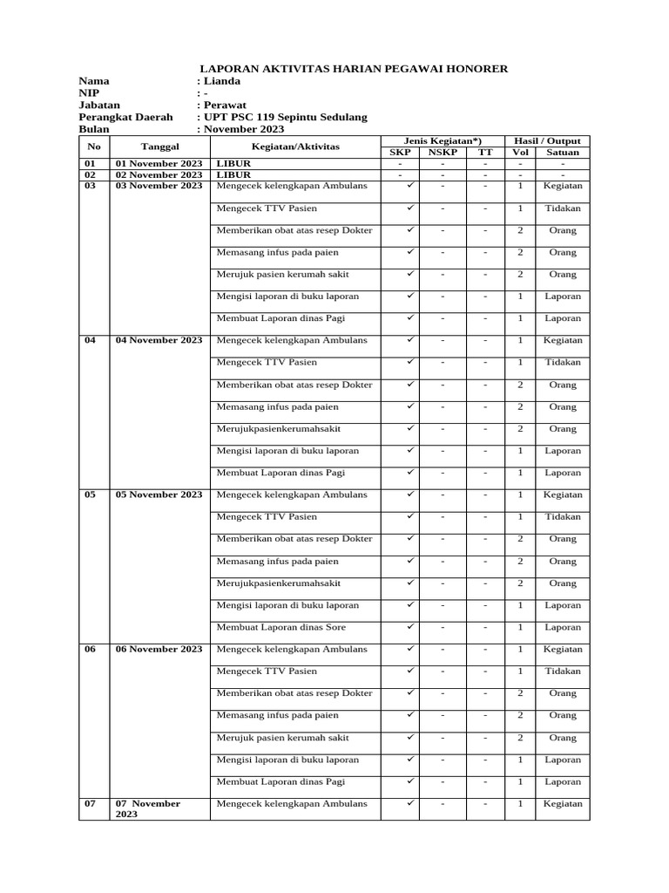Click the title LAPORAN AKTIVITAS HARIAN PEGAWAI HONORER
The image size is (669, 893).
[x=354, y=68]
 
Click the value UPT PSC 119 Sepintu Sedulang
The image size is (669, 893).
[x=285, y=117]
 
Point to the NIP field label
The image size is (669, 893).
[x=90, y=92]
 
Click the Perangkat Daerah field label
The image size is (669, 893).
[x=125, y=117]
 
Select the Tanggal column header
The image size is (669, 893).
[x=159, y=147]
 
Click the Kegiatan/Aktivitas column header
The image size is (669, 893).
[x=295, y=147]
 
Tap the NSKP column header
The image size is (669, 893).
[x=443, y=153]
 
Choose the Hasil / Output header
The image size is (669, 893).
[x=548, y=140]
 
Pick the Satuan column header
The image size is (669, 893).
[x=562, y=153]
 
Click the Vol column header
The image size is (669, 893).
[x=519, y=153]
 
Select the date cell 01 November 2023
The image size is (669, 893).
[x=159, y=164]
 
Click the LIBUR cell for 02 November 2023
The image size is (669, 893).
[x=233, y=174]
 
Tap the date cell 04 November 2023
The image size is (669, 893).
[x=159, y=340]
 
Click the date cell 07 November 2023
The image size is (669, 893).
[x=148, y=808]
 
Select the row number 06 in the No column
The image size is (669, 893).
[x=91, y=649]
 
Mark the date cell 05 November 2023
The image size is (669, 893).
[x=159, y=494]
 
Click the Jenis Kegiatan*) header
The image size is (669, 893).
[x=443, y=140]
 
